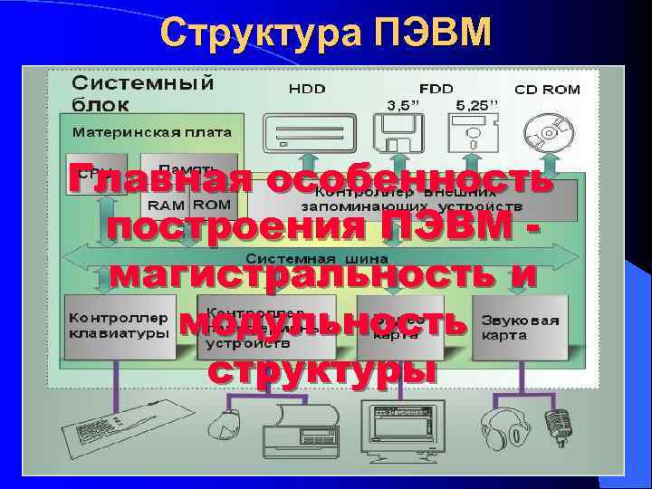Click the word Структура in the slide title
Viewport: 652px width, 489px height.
pyautogui.click(x=263, y=34)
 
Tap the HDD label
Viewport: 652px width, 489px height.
pyautogui.click(x=307, y=89)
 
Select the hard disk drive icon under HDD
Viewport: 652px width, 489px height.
pyautogui.click(x=306, y=136)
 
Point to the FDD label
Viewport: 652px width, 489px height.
pyautogui.click(x=436, y=89)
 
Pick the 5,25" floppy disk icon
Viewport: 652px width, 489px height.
pyautogui.click(x=475, y=137)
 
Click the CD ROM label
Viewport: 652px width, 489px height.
pyautogui.click(x=547, y=90)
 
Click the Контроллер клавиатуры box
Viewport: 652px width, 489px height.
pyautogui.click(x=118, y=327)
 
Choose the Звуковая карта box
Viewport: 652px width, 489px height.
pyautogui.click(x=521, y=327)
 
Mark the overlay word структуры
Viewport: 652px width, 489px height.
pyautogui.click(x=321, y=369)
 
